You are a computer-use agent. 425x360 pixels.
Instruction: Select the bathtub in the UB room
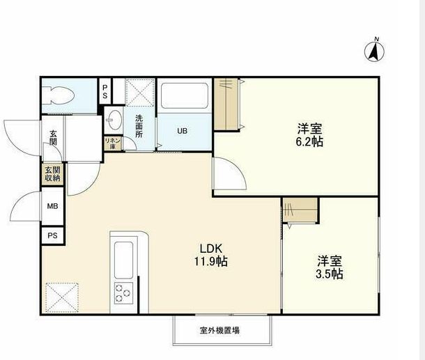(184, 95)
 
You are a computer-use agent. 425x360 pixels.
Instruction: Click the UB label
(182, 130)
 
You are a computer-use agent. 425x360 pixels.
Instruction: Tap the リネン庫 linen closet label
(111, 143)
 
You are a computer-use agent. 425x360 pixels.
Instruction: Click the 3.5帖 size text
(330, 274)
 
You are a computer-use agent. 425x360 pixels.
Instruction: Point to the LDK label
(212, 249)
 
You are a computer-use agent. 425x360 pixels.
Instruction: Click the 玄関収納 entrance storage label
(53, 173)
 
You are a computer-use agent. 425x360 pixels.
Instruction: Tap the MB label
(53, 206)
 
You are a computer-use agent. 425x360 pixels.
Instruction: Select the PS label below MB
(53, 236)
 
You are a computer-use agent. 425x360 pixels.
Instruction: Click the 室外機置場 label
(219, 331)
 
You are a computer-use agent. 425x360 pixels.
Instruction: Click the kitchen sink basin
(124, 258)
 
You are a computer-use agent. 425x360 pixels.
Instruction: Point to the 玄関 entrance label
(53, 138)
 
